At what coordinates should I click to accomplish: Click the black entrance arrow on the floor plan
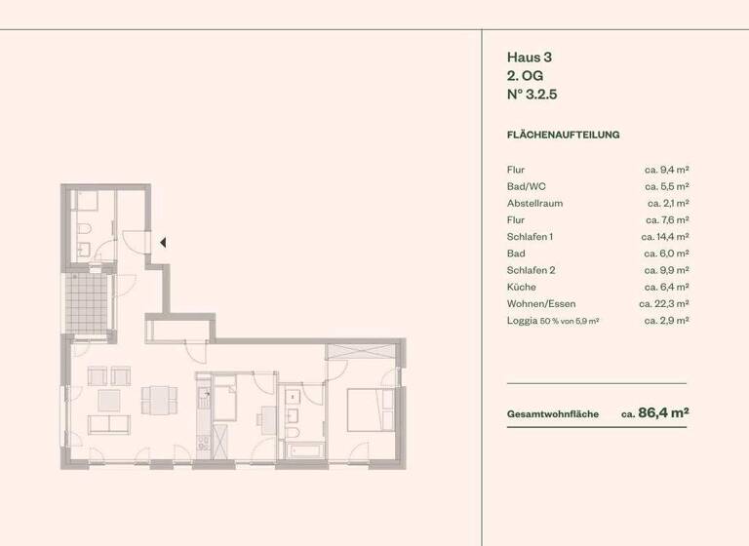(x=164, y=242)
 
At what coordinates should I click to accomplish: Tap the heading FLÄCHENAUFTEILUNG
(x=563, y=135)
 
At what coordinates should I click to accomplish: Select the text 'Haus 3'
(x=530, y=58)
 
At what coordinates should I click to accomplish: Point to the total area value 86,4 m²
(x=663, y=412)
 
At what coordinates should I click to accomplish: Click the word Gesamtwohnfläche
(x=552, y=414)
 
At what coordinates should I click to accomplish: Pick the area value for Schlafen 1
(x=665, y=237)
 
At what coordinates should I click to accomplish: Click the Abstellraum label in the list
(x=534, y=203)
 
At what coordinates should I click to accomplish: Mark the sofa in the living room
(x=107, y=424)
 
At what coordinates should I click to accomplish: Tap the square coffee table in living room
(x=108, y=399)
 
